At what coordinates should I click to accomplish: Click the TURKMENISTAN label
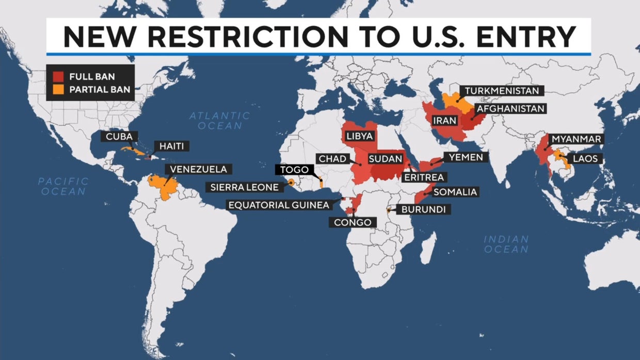coord(502,91)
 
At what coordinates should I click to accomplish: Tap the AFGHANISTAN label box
coord(510,109)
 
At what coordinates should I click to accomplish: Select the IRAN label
coord(445,121)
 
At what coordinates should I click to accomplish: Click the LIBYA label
coord(360,137)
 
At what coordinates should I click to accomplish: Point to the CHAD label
coord(332,159)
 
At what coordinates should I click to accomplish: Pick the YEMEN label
coord(466,157)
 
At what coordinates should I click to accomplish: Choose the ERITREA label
coord(424,177)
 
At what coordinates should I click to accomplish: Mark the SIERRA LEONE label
coord(245,187)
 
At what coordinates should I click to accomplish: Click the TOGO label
coord(294,170)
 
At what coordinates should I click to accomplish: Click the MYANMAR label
coord(576,139)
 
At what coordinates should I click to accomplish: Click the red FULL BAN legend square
coord(59,77)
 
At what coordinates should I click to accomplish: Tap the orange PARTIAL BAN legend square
coord(59,89)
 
